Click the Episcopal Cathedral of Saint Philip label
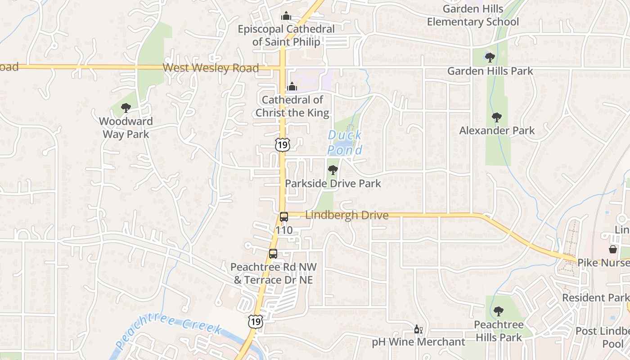(x=286, y=36)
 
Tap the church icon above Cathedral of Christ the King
(x=292, y=86)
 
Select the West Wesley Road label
(x=211, y=68)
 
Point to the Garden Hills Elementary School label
(x=473, y=15)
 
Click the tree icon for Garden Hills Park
(x=490, y=58)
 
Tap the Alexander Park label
(x=497, y=130)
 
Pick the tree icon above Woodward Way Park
(x=126, y=108)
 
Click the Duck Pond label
(x=345, y=142)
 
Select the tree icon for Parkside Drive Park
(x=333, y=170)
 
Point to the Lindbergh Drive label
(x=346, y=215)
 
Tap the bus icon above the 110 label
(x=284, y=217)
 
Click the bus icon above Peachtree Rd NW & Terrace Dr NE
(x=273, y=253)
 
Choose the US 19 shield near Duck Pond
(x=283, y=144)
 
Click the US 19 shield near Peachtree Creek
(x=255, y=321)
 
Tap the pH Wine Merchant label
(x=418, y=342)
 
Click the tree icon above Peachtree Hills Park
(x=498, y=311)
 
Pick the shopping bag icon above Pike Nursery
(x=613, y=249)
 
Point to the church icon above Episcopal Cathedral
(x=286, y=16)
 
